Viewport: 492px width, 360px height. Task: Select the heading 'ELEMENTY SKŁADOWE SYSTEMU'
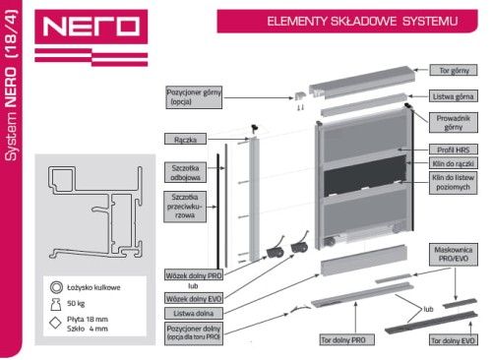[362, 22]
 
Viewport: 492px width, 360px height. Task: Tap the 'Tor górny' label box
[454, 70]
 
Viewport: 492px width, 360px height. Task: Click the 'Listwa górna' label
[454, 96]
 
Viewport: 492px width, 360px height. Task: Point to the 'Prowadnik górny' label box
[454, 123]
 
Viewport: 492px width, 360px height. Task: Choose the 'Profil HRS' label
[454, 150]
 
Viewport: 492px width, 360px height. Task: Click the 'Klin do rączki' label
[454, 163]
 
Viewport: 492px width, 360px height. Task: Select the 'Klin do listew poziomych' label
[454, 183]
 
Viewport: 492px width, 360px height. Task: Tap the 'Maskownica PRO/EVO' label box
[454, 255]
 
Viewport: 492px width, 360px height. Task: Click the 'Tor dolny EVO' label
[453, 340]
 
